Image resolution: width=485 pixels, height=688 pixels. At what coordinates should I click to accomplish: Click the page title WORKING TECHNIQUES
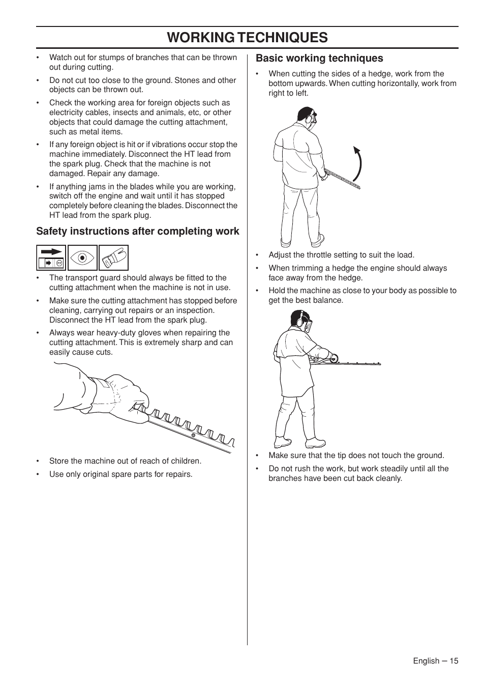[x=247, y=37]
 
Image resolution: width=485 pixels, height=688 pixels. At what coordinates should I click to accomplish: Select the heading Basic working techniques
[x=319, y=59]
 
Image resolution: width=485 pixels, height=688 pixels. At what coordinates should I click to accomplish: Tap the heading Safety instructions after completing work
[x=137, y=232]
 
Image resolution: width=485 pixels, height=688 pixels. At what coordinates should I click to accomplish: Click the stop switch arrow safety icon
[x=51, y=257]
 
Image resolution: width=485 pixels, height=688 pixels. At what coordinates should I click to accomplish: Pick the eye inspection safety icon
[x=82, y=257]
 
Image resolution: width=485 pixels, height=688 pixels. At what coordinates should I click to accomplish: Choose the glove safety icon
[x=113, y=257]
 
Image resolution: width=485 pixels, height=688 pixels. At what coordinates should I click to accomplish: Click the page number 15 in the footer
[x=453, y=661]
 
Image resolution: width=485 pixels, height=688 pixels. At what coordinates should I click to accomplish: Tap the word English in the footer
[x=426, y=661]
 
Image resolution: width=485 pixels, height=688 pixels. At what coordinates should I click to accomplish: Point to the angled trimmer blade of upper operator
[x=342, y=179]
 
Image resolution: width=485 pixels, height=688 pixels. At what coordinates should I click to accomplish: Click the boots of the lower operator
[x=300, y=442]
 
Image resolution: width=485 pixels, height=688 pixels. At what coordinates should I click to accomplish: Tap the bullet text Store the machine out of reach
[x=125, y=461]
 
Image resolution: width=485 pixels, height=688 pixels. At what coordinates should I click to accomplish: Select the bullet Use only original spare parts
[x=120, y=474]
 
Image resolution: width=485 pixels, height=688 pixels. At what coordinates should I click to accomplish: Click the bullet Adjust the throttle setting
[x=341, y=255]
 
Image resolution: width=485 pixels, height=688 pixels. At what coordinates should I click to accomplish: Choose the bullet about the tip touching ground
[x=356, y=455]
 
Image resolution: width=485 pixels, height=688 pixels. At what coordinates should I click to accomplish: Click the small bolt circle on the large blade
[x=193, y=435]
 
